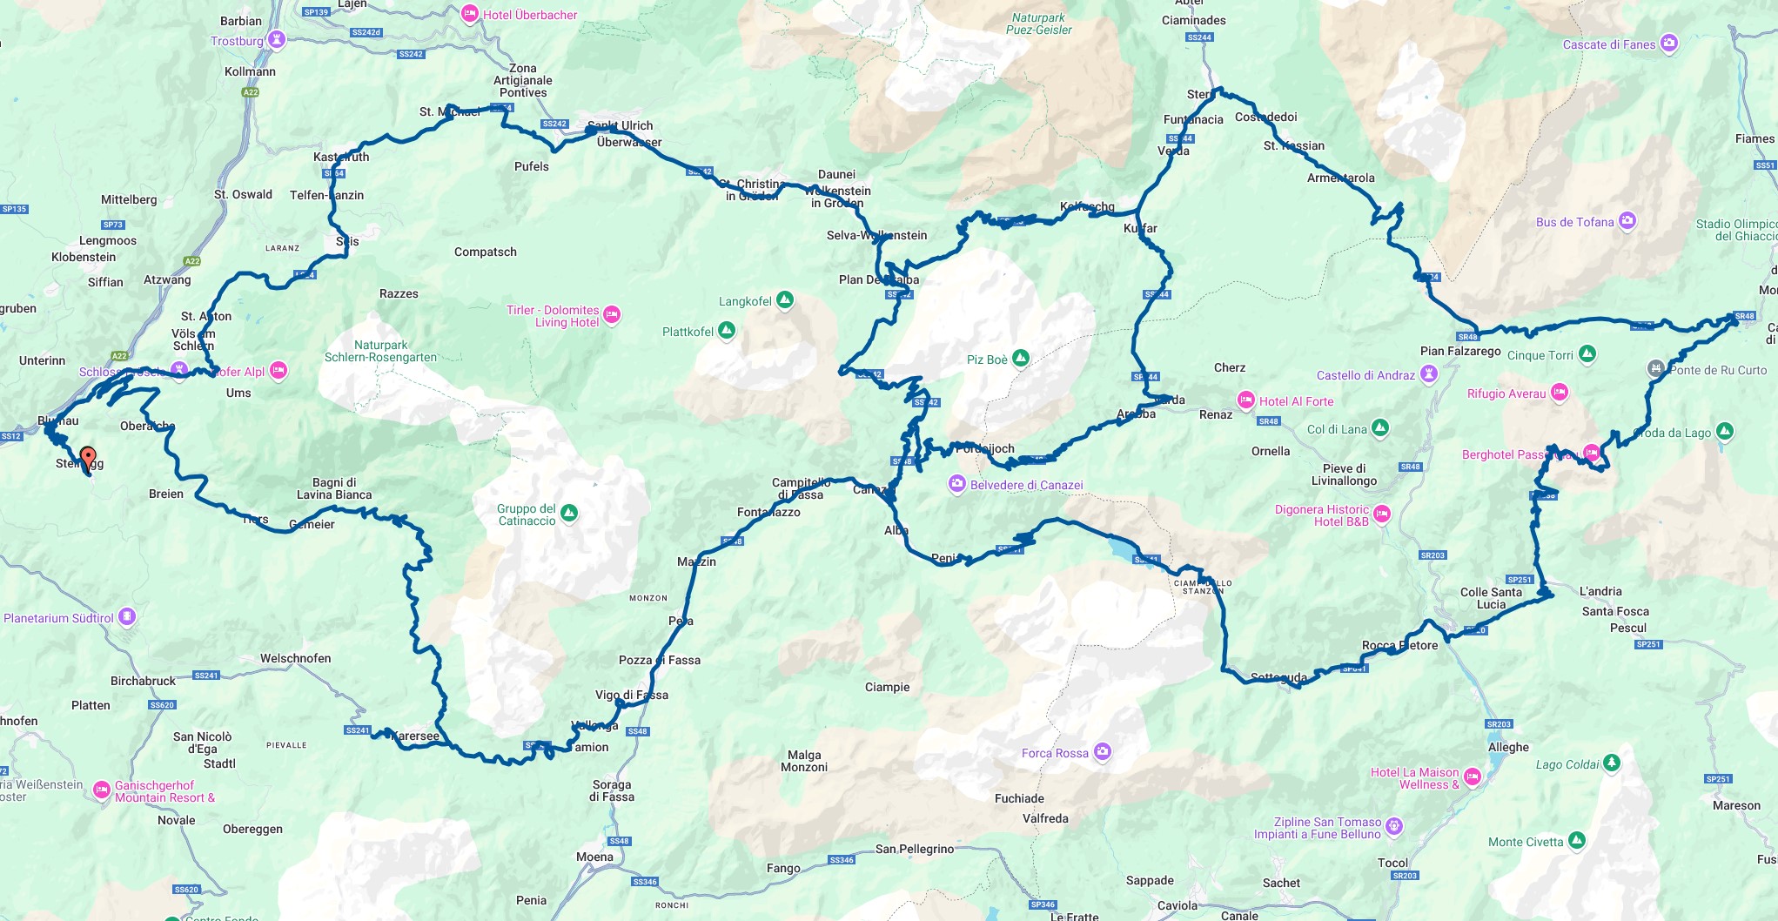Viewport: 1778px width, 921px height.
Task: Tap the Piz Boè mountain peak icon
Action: click(x=1021, y=358)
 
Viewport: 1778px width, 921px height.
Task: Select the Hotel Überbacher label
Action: click(x=529, y=15)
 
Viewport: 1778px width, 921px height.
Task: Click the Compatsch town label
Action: click(x=485, y=252)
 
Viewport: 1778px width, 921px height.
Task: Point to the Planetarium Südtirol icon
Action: click(x=127, y=617)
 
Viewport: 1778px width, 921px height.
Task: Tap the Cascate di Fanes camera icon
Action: click(x=1668, y=44)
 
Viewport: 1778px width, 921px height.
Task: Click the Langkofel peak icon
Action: click(x=785, y=300)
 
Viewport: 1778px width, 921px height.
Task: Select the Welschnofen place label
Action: click(x=295, y=658)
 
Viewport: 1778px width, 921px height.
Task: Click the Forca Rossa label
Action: click(x=1055, y=753)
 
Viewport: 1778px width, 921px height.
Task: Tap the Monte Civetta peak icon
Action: click(x=1577, y=841)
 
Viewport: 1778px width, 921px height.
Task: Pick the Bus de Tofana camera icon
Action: click(x=1627, y=221)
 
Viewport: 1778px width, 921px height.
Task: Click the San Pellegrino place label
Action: click(x=915, y=849)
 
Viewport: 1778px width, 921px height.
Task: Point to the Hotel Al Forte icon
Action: click(x=1246, y=400)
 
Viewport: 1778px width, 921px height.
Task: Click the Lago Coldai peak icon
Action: click(x=1612, y=763)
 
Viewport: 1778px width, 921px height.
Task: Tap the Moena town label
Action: click(x=594, y=857)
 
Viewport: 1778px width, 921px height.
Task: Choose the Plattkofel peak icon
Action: click(x=727, y=331)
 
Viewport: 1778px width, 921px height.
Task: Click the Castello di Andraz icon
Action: click(x=1428, y=374)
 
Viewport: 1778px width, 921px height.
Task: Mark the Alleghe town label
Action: click(x=1508, y=747)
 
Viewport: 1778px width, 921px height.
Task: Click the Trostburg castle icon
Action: click(x=277, y=40)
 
